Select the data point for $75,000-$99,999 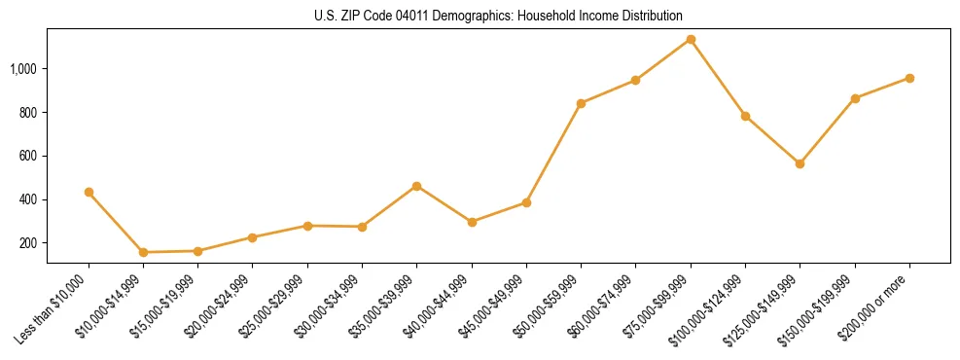pyautogui.click(x=691, y=39)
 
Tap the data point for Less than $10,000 pyautogui.click(x=89, y=192)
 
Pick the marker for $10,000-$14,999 pyautogui.click(x=143, y=252)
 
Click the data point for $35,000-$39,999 pyautogui.click(x=417, y=186)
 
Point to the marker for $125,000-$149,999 pyautogui.click(x=800, y=163)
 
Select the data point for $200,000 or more pyautogui.click(x=909, y=78)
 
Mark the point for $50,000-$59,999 pyautogui.click(x=581, y=103)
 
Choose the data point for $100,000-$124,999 pyautogui.click(x=745, y=116)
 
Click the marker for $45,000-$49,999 pyautogui.click(x=526, y=202)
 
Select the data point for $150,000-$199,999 pyautogui.click(x=855, y=98)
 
